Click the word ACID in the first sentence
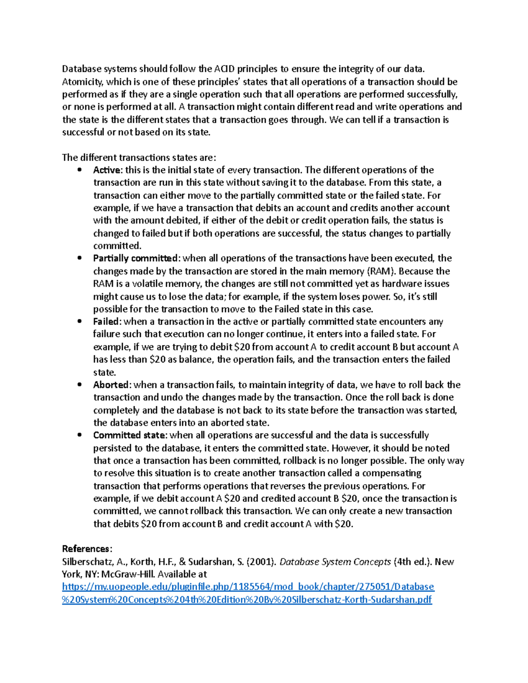pyautogui.click(x=224, y=69)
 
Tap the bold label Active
pyautogui.click(x=107, y=170)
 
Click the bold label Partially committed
pyautogui.click(x=135, y=258)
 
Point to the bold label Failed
pyautogui.click(x=106, y=321)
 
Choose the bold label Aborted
pyautogui.click(x=111, y=385)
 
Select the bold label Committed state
pyautogui.click(x=129, y=435)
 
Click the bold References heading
pyautogui.click(x=86, y=549)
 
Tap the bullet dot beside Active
pyautogui.click(x=80, y=170)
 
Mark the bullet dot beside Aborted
pyautogui.click(x=80, y=385)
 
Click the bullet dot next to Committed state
pyautogui.click(x=80, y=435)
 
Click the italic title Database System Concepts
pyautogui.click(x=335, y=562)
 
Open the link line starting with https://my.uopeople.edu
pyautogui.click(x=248, y=587)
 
